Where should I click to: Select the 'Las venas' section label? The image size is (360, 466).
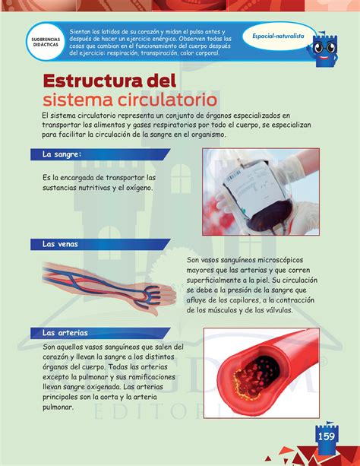[61, 244]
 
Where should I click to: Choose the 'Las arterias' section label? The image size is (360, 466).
[65, 332]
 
